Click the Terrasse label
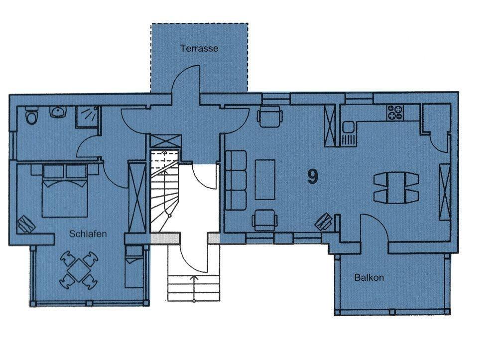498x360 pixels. [x=199, y=48]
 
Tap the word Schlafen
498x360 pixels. [x=88, y=234]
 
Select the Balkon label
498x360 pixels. [x=369, y=278]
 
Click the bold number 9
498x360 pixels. [x=313, y=176]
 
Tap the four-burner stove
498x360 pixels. [x=395, y=113]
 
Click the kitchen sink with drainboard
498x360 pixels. [x=349, y=133]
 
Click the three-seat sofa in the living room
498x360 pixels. [x=236, y=180]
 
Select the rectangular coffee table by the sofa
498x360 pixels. [x=265, y=179]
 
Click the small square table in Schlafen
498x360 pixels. [x=79, y=270]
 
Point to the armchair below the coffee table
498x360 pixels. [x=264, y=220]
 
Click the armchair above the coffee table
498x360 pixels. [x=269, y=116]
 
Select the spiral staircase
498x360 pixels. [x=164, y=191]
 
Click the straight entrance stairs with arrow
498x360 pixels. [x=194, y=288]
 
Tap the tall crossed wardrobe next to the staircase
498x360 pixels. [x=137, y=197]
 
